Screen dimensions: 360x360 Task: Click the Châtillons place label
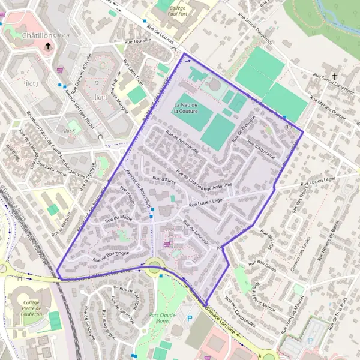click(x=38, y=36)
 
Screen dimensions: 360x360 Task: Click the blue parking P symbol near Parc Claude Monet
click(x=190, y=318)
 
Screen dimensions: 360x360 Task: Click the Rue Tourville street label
click(x=137, y=41)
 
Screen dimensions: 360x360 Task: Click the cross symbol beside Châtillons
click(x=47, y=46)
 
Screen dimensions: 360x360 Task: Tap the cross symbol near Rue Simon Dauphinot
click(x=335, y=76)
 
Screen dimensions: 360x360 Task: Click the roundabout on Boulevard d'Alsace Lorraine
click(x=155, y=265)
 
